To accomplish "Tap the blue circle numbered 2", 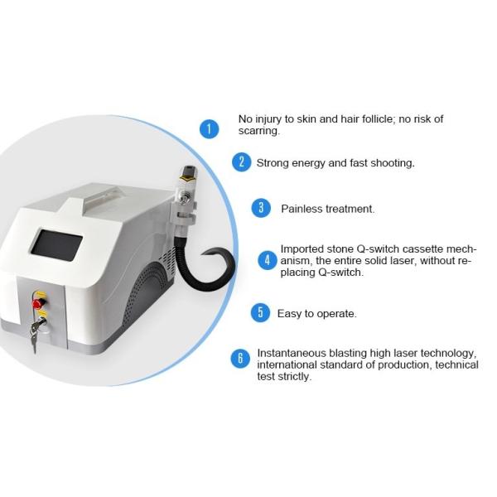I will pos(241,162).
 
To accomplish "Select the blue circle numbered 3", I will pos(262,208).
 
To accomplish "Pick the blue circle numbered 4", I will pos(267,260).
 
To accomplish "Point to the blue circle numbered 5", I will pos(260,312).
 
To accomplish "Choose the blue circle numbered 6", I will pos(240,358).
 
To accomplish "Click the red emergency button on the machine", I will pos(36,303).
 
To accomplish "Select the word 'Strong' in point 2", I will pos(273,163).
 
